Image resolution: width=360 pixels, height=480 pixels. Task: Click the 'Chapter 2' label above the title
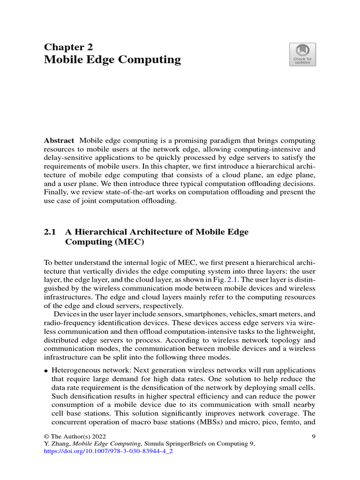pos(68,47)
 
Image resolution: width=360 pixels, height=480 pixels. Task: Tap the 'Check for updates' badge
pos(302,54)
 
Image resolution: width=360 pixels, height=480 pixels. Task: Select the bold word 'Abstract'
pos(59,141)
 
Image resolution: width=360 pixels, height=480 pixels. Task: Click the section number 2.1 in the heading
pos(50,232)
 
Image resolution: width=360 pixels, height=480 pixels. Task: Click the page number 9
pos(313,436)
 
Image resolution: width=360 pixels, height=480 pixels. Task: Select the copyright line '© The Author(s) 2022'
pos(73,436)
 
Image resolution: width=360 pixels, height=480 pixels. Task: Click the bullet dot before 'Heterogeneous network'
pos(46,370)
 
